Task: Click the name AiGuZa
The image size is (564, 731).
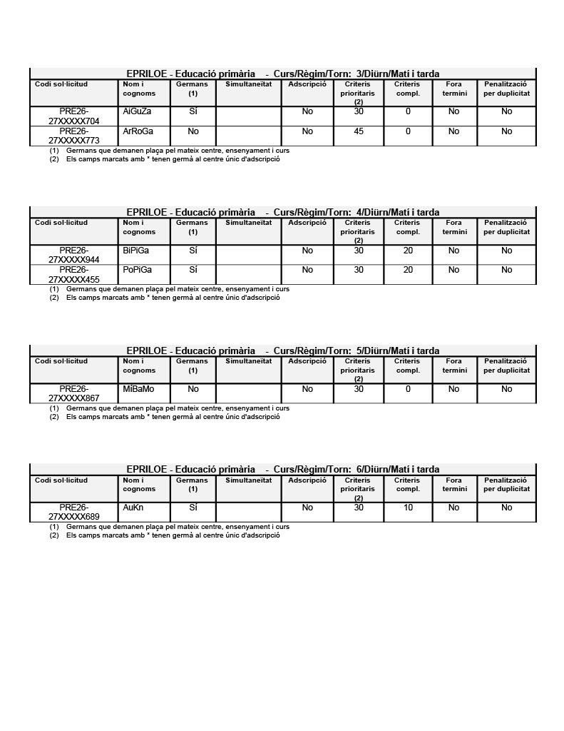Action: [x=137, y=111]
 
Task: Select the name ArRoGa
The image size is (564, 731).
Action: [x=138, y=131]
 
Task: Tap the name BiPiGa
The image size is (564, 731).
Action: [x=136, y=251]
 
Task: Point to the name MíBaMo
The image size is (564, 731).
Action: [x=138, y=389]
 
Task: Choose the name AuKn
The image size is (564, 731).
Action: [x=133, y=508]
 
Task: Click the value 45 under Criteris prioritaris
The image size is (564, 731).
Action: [x=359, y=131]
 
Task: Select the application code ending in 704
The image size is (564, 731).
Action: [x=74, y=116]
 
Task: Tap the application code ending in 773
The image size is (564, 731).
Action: [x=74, y=136]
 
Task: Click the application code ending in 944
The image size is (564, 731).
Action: [x=74, y=255]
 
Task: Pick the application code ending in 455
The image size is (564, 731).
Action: [x=74, y=274]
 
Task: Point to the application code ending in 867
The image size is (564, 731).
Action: [x=74, y=393]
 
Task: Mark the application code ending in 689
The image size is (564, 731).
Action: [x=74, y=512]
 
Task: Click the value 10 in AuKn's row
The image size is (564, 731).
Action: [x=408, y=508]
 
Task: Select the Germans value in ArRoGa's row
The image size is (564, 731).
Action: [x=193, y=131]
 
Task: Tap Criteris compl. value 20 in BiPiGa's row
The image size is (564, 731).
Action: [x=408, y=251]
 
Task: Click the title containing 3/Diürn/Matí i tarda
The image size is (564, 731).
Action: [x=283, y=74]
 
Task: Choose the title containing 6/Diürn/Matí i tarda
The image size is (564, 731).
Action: [x=283, y=469]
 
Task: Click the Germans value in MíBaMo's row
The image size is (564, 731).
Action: [x=193, y=389]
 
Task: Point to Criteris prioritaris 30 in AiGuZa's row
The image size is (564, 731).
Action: [x=359, y=111]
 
